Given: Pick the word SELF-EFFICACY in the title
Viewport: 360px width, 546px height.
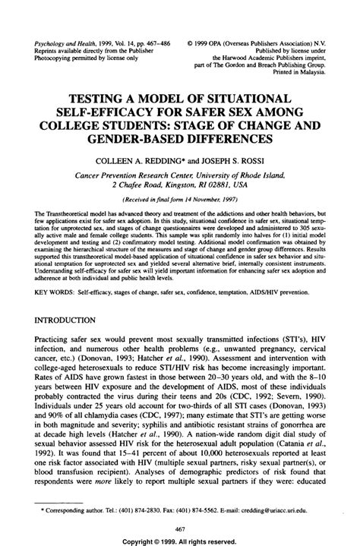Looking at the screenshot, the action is pos(113,112).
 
